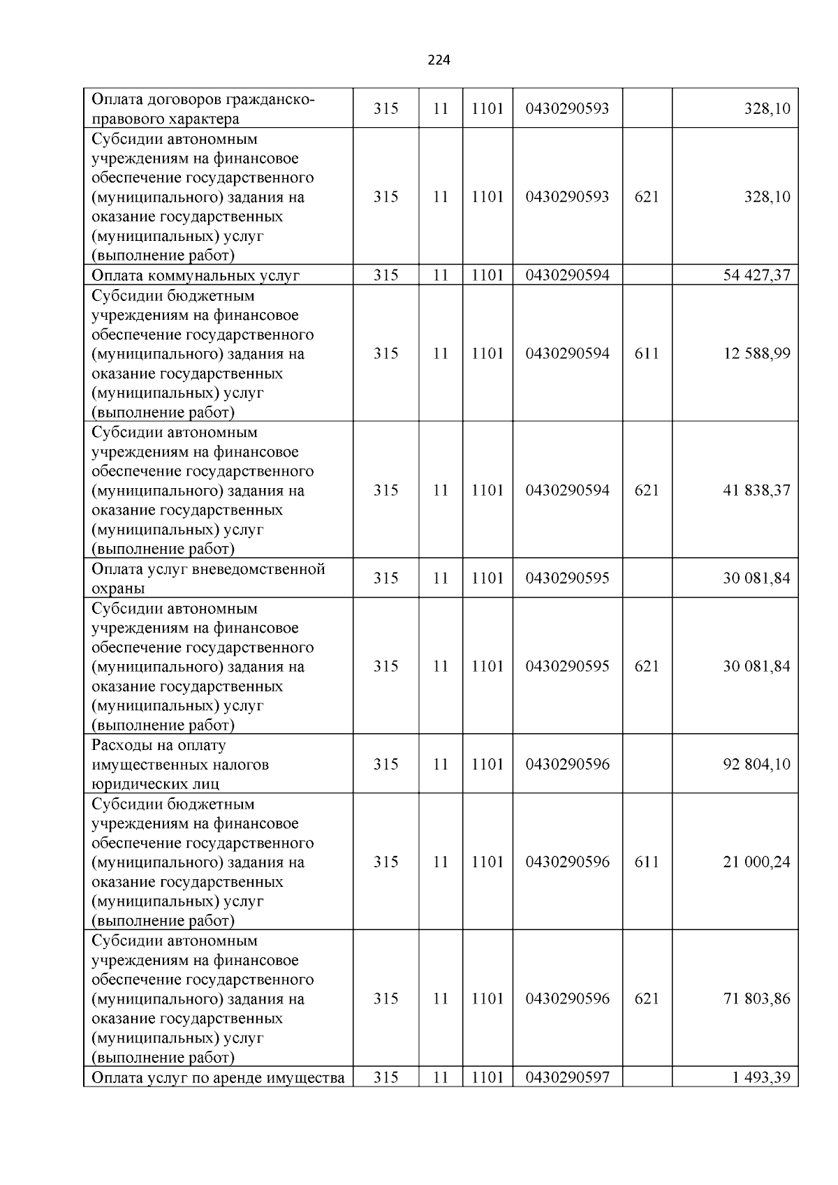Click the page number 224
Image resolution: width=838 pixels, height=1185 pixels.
click(x=439, y=60)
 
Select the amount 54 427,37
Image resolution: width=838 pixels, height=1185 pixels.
click(x=756, y=275)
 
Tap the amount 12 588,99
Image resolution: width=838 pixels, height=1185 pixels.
click(x=756, y=353)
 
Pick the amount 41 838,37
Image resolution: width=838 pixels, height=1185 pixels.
click(x=756, y=490)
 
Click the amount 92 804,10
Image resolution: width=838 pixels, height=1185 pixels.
click(x=756, y=764)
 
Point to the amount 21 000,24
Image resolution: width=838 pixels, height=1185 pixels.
click(x=756, y=862)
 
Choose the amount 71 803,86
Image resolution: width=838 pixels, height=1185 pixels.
click(x=756, y=999)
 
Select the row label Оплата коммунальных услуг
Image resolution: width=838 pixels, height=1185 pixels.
click(x=196, y=275)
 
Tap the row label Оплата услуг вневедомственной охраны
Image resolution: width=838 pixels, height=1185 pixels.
click(x=208, y=578)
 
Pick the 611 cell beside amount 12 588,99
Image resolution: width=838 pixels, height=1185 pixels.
click(x=647, y=353)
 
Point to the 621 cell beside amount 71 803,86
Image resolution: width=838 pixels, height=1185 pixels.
click(x=647, y=999)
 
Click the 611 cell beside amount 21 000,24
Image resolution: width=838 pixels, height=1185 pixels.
click(x=647, y=862)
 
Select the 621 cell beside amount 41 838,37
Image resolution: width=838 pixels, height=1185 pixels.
click(x=647, y=490)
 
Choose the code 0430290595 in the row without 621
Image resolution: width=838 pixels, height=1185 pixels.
click(x=567, y=578)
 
